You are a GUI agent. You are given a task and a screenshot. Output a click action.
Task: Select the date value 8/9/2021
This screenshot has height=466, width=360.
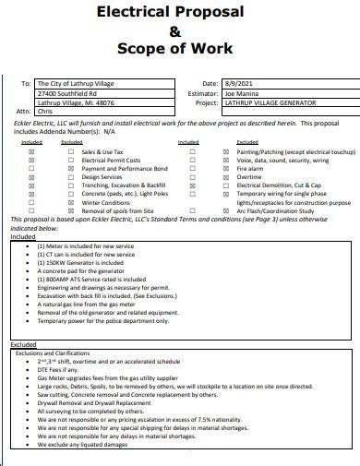pyautogui.click(x=237, y=84)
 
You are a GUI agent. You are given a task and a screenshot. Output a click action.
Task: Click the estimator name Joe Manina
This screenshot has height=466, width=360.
pyautogui.click(x=245, y=93)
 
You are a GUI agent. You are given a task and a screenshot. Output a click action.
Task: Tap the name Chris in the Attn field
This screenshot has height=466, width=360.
pyautogui.click(x=43, y=112)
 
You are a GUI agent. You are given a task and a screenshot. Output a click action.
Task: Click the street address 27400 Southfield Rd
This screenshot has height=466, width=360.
pyautogui.click(x=66, y=93)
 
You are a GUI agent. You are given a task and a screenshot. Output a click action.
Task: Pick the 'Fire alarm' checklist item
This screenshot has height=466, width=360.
pyautogui.click(x=249, y=169)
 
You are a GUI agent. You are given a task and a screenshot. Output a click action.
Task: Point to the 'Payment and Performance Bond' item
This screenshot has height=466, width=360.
pyautogui.click(x=126, y=169)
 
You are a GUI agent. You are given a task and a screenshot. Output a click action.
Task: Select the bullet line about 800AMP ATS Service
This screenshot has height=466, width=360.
pyautogui.click(x=91, y=278)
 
